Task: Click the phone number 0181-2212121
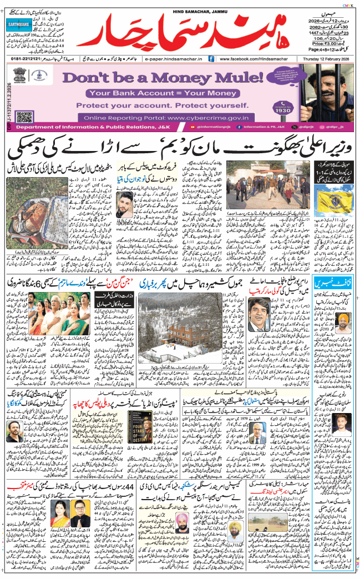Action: point(27,58)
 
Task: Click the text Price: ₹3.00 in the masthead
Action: point(326,42)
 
